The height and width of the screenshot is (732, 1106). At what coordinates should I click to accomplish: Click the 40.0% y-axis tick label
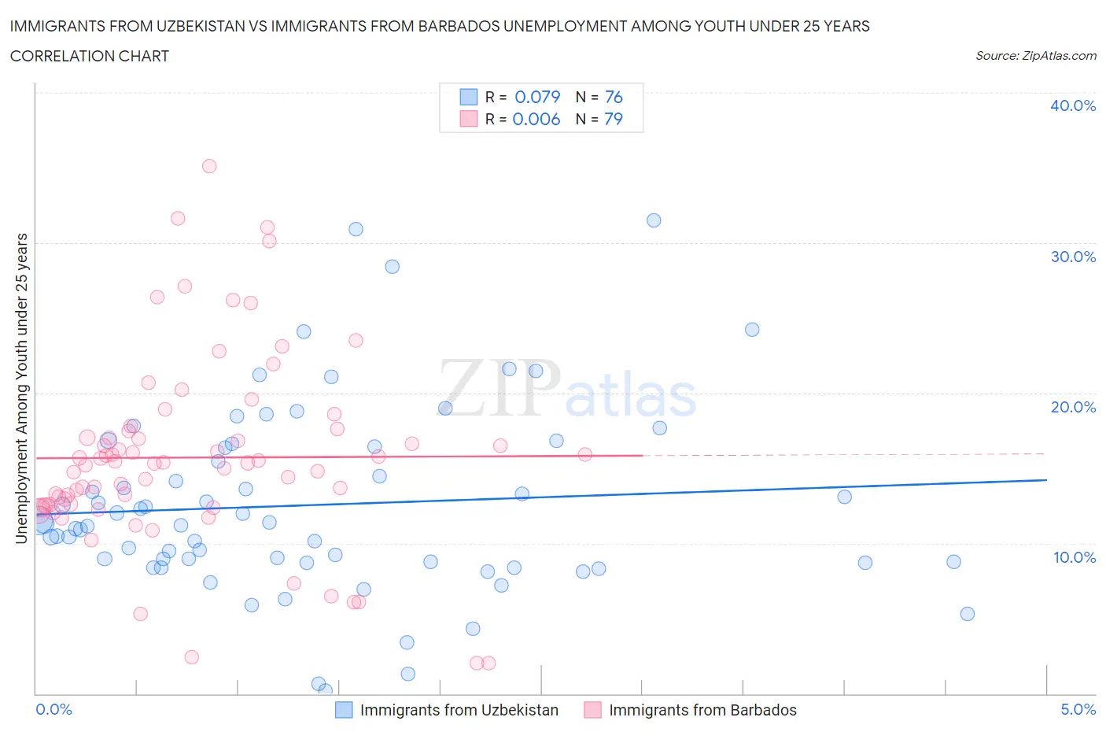pos(1073,105)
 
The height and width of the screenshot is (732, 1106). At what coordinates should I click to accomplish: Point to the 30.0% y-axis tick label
pos(1073,257)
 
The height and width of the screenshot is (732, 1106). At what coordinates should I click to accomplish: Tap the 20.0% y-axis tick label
pos(1073,407)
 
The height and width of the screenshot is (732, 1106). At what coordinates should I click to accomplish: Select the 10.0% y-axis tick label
pos(1073,557)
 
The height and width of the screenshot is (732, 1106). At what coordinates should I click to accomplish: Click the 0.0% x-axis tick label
pos(53,709)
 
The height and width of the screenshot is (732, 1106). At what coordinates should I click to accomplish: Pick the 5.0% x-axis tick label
pos(1078,709)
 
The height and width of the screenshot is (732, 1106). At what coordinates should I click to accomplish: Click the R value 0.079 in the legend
pos(537,97)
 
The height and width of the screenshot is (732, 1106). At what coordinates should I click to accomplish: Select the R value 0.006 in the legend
pos(536,119)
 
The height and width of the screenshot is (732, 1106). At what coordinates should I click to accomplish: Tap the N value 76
pos(614,97)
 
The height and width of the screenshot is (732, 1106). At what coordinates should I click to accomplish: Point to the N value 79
pos(614,119)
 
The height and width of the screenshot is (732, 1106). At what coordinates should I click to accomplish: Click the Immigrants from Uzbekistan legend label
pos(459,710)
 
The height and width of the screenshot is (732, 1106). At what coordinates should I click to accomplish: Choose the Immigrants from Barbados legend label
pos(702,710)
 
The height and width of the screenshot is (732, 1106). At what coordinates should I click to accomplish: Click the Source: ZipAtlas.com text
pos(1035,55)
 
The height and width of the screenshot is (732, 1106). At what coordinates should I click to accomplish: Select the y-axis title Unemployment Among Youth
pos(22,388)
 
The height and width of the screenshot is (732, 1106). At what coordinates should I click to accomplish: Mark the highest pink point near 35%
pos(209,166)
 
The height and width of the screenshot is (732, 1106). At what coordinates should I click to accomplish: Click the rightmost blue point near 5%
pos(968,614)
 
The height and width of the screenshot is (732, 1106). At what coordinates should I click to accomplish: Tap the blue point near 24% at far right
pos(752,330)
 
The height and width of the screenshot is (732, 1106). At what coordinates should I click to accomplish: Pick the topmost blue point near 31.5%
pos(654,220)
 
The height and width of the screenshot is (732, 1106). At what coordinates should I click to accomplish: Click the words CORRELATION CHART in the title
pos(90,56)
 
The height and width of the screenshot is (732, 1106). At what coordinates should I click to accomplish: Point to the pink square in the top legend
pos(469,119)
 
